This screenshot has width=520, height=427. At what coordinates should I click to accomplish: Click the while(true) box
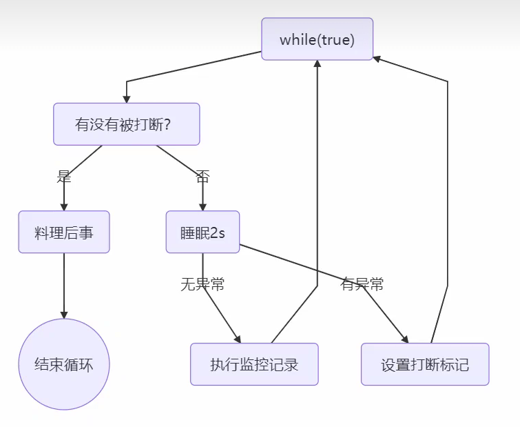[317, 39]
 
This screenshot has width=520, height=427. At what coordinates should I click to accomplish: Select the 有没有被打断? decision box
[127, 124]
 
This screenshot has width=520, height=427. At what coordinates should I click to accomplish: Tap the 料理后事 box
[64, 232]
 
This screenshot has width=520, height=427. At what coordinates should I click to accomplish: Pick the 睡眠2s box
[202, 232]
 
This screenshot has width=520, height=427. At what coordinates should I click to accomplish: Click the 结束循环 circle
[64, 364]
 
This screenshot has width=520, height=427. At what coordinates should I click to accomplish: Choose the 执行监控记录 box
[254, 364]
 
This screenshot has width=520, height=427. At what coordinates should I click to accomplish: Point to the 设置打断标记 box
[425, 364]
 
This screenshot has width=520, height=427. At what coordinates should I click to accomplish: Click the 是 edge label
[64, 176]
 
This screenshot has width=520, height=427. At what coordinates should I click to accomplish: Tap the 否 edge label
[202, 176]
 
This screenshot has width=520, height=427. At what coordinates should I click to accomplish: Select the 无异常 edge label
[202, 284]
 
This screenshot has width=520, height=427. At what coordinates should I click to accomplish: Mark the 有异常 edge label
[362, 284]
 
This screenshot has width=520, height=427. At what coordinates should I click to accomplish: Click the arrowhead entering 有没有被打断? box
[127, 99]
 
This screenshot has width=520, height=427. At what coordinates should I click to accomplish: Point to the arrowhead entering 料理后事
[64, 207]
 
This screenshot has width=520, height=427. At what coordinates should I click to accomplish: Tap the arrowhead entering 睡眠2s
[202, 207]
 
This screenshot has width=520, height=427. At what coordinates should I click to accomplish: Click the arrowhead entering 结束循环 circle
[64, 315]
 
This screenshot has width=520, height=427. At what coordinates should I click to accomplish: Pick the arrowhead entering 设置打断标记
[405, 339]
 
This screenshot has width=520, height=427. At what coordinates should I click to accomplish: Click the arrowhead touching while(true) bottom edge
[317, 64]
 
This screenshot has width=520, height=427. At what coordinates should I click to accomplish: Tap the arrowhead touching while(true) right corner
[377, 58]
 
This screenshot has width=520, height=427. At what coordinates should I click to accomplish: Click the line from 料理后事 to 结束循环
[64, 283]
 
